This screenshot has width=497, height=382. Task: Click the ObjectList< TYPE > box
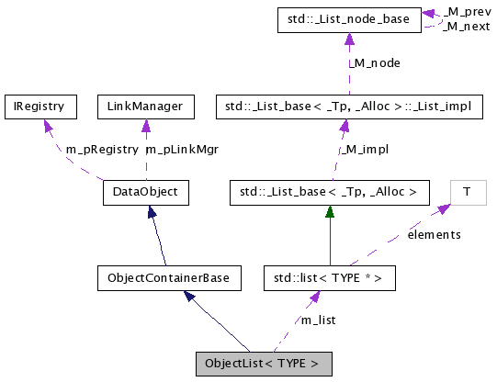(x=263, y=363)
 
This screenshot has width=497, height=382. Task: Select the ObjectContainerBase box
(x=167, y=277)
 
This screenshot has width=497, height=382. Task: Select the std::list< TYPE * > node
(x=328, y=277)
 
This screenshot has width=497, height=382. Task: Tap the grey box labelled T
(x=467, y=193)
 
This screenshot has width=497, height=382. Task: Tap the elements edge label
(x=434, y=235)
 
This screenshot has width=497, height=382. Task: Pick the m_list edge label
(x=320, y=320)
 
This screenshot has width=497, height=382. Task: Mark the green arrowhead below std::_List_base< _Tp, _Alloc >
(x=328, y=211)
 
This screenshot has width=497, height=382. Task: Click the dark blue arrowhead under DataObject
(x=152, y=212)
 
